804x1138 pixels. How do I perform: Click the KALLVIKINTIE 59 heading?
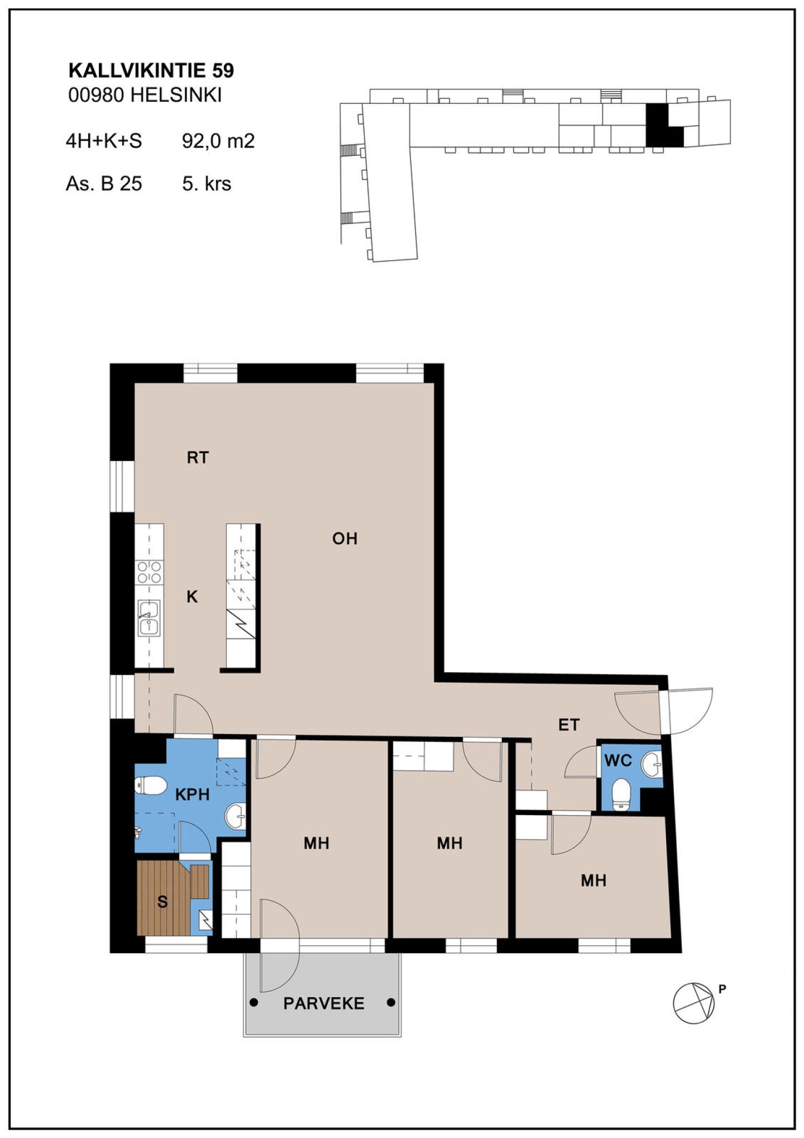(151, 70)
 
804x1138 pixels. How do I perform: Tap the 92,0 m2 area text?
(218, 141)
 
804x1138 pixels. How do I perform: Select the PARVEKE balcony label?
(323, 1003)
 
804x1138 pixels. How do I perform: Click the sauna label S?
(162, 902)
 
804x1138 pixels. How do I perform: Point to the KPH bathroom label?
(192, 794)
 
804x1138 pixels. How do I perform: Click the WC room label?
(618, 760)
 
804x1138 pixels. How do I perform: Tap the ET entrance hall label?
(569, 725)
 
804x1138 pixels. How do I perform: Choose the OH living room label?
(344, 539)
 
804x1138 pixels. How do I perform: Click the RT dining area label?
(198, 458)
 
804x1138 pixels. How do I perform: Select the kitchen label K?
(192, 597)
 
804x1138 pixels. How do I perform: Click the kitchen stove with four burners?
(150, 572)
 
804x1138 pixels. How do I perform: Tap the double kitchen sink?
(149, 618)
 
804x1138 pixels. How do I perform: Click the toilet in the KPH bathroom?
(151, 785)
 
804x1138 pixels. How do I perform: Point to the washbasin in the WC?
(652, 764)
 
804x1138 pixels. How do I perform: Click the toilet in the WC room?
(621, 794)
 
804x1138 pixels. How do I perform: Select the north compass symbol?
(694, 1003)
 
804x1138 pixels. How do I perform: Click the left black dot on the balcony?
(254, 1003)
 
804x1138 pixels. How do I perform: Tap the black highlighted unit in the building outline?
(663, 126)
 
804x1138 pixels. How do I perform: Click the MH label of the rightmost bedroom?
(594, 881)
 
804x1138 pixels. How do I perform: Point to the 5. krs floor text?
(207, 184)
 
